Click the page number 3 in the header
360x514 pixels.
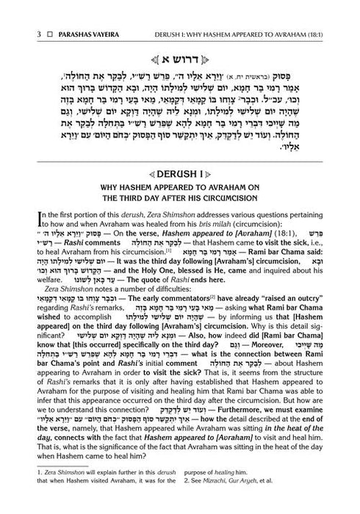26,12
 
